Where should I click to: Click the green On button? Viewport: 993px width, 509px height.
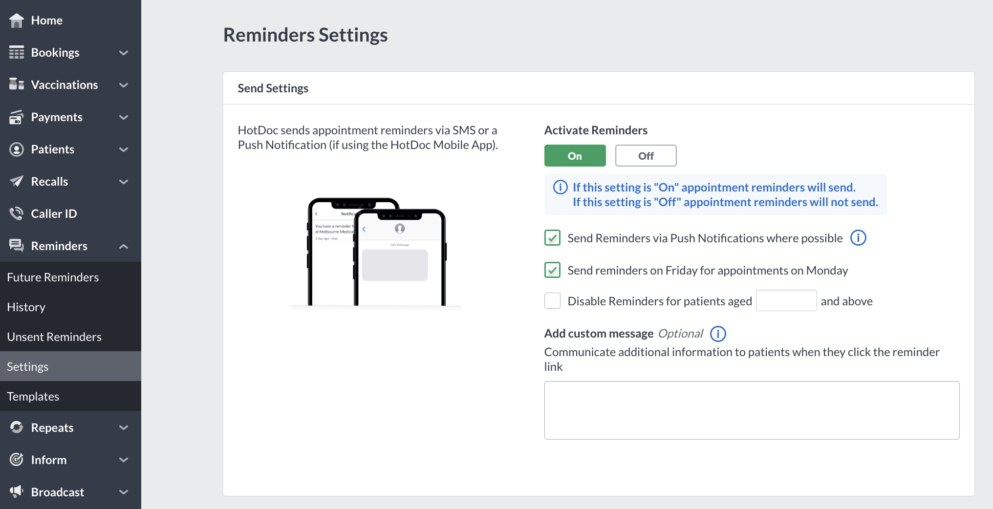pos(575,156)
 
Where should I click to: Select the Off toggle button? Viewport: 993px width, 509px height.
pos(646,156)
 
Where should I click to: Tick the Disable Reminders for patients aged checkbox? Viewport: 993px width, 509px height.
pos(552,301)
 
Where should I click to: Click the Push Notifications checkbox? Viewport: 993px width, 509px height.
pos(552,238)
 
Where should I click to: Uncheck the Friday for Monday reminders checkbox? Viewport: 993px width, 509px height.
pos(552,270)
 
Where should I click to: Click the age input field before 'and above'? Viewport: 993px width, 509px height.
pos(786,301)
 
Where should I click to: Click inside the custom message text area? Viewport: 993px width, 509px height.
pos(752,410)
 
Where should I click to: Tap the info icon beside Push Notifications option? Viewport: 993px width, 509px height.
pos(858,238)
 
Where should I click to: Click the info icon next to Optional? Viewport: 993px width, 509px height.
pos(718,334)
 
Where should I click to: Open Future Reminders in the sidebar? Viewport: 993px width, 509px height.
pos(53,277)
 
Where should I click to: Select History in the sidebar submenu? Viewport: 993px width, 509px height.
pos(26,307)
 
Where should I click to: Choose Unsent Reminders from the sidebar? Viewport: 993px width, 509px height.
pos(54,337)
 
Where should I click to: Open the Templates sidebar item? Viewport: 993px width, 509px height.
pos(33,396)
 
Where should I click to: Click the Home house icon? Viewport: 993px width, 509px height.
pos(17,20)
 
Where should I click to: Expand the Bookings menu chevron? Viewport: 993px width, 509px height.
pos(124,53)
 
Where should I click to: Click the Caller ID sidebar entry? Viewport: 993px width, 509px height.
pos(54,213)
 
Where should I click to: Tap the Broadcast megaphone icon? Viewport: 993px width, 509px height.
pos(17,491)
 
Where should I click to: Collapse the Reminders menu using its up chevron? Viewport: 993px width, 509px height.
pos(124,246)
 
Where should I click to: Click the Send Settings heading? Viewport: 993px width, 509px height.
pos(273,88)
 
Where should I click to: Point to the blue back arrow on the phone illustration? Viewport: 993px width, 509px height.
pos(364,229)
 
